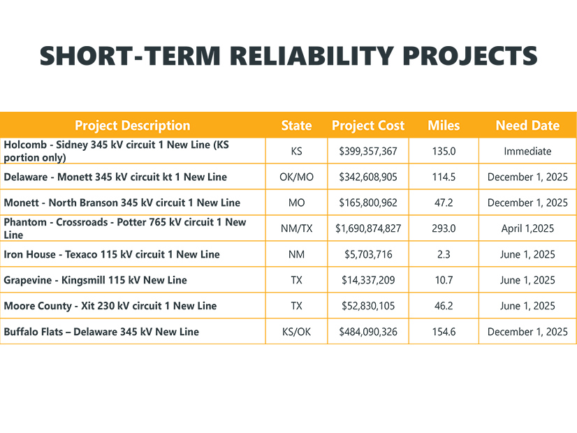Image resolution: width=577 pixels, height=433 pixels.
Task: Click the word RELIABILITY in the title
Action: pyautogui.click(x=312, y=56)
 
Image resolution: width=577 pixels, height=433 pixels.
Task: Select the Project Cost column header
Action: pyautogui.click(x=368, y=126)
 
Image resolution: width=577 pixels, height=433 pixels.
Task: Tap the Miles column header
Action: pyautogui.click(x=444, y=126)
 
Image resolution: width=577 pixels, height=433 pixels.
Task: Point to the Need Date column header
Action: pyautogui.click(x=527, y=126)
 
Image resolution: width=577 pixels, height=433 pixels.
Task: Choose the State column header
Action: pyautogui.click(x=296, y=126)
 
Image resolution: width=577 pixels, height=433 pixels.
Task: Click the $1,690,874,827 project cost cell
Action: pyautogui.click(x=368, y=228)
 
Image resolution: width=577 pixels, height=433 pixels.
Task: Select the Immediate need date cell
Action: pyautogui.click(x=527, y=151)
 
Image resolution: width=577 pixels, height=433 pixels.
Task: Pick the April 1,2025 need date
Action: pyautogui.click(x=527, y=228)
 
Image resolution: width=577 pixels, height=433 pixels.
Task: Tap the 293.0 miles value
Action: pyautogui.click(x=444, y=228)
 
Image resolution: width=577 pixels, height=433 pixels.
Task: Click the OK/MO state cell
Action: pyautogui.click(x=296, y=177)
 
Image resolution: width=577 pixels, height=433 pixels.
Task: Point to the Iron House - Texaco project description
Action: pyautogui.click(x=112, y=254)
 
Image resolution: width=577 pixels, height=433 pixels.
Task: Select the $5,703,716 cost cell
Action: pyautogui.click(x=368, y=254)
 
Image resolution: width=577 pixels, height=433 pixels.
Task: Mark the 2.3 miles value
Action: pyautogui.click(x=444, y=254)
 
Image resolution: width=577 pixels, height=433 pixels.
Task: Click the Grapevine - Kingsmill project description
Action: pyautogui.click(x=95, y=280)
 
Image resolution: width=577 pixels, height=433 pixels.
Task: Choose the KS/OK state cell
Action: pyautogui.click(x=296, y=332)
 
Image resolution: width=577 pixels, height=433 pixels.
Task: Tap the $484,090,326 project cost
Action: pyautogui.click(x=368, y=332)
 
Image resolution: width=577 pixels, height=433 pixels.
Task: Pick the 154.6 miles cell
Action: pyautogui.click(x=444, y=332)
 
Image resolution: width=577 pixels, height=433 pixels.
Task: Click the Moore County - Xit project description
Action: pyautogui.click(x=110, y=306)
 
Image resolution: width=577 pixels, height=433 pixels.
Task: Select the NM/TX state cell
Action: pyautogui.click(x=296, y=228)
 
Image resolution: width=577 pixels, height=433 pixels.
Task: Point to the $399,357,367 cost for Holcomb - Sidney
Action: pyautogui.click(x=368, y=151)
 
